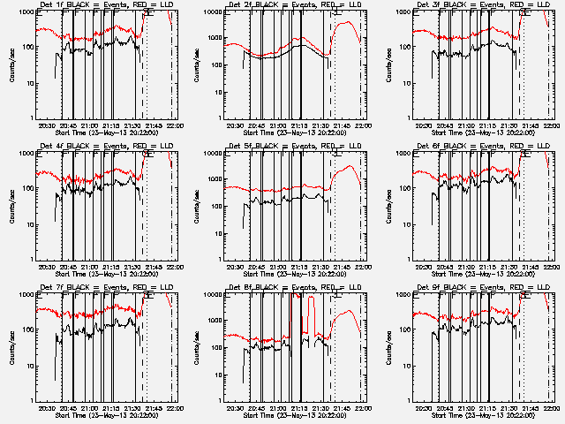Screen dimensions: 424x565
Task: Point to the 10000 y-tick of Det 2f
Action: coord(212,12)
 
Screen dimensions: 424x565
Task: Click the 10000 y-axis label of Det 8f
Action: coord(212,295)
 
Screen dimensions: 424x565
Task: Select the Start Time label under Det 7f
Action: coord(102,414)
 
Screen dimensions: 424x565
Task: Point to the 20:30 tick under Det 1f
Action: coord(46,125)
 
